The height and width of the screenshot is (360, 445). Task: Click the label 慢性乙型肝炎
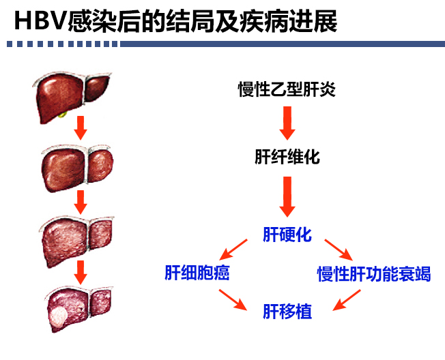(287, 89)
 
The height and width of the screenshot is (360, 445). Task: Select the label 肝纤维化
(287, 157)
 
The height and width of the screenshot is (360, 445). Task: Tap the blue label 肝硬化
(287, 235)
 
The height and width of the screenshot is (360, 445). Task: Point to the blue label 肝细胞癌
(197, 273)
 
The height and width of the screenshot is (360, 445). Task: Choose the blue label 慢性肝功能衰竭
(374, 274)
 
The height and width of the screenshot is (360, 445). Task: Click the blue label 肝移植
(287, 312)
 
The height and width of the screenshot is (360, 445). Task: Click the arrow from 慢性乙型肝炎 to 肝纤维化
(287, 123)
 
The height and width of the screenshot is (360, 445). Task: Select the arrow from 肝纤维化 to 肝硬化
(287, 197)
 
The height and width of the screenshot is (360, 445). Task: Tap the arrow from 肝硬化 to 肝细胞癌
(233, 250)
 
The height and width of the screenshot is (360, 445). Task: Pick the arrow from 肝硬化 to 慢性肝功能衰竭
(339, 250)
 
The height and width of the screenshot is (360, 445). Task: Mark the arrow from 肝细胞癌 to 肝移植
(233, 299)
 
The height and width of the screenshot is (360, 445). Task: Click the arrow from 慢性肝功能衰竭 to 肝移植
(347, 300)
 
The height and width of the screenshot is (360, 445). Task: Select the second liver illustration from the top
(77, 168)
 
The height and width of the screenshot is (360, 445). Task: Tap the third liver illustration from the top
(76, 241)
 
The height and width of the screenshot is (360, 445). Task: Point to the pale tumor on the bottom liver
(59, 316)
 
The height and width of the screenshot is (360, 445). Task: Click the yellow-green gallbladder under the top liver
(62, 115)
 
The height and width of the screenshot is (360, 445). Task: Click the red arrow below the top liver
(81, 127)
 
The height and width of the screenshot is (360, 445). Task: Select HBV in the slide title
(40, 20)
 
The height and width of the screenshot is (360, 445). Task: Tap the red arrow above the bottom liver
(81, 272)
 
